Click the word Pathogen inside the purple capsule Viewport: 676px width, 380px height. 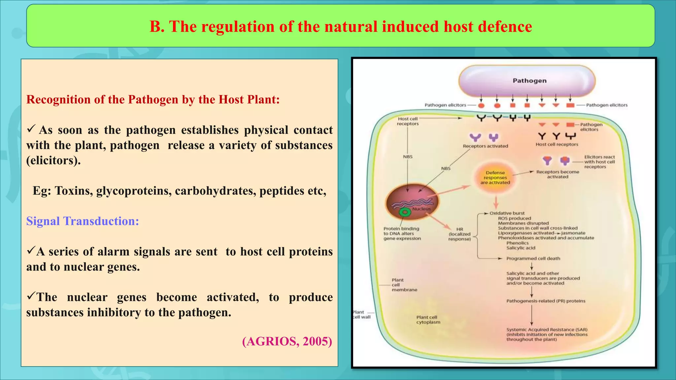click(x=529, y=81)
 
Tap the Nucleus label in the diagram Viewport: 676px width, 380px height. click(x=421, y=209)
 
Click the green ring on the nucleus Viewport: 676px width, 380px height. click(x=405, y=212)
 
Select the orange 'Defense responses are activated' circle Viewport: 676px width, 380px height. click(x=495, y=178)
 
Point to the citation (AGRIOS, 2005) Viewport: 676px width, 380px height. click(x=287, y=341)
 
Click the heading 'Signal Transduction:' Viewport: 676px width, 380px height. click(x=83, y=221)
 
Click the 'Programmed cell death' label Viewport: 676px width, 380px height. click(x=533, y=259)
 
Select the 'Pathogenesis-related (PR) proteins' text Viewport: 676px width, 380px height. click(x=546, y=301)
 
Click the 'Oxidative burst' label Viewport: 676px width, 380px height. click(x=507, y=213)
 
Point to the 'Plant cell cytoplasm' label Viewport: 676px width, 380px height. click(x=428, y=320)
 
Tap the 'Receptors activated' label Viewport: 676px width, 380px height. click(x=485, y=146)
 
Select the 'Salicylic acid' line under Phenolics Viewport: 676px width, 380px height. click(x=521, y=248)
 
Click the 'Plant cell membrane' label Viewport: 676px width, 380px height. click(x=404, y=285)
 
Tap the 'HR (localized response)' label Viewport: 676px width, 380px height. click(x=459, y=234)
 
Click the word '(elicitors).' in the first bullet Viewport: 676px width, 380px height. click(x=53, y=160)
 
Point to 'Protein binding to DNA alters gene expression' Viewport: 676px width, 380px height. click(x=402, y=233)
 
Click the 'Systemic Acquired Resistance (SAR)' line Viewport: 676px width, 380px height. click(x=547, y=330)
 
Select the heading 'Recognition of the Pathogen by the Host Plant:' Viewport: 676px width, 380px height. click(x=153, y=100)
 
